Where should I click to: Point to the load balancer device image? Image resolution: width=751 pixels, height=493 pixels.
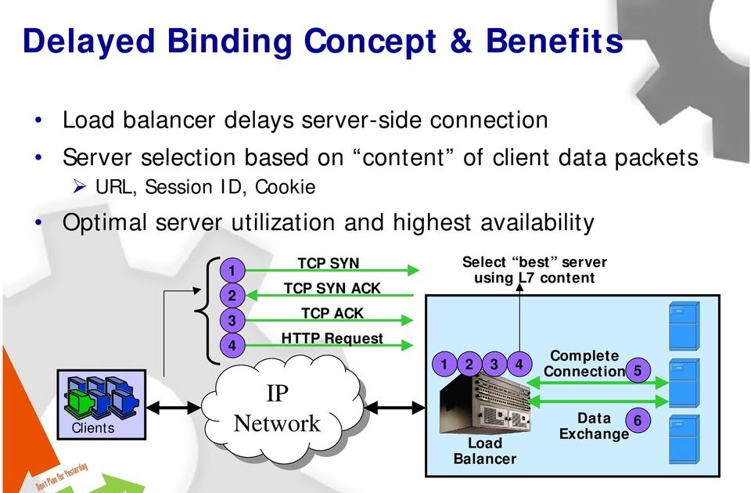(484, 404)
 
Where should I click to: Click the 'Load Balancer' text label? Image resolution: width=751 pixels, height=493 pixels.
(485, 451)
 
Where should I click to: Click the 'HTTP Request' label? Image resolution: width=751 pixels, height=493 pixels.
(332, 338)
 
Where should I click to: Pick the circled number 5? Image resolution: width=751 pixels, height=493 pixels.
(638, 371)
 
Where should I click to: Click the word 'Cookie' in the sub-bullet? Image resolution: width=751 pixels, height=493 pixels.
(286, 187)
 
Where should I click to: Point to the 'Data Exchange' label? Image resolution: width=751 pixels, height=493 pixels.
(594, 426)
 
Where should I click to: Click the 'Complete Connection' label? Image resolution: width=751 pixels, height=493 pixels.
(584, 364)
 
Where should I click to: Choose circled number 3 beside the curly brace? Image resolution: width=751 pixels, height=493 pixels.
(232, 320)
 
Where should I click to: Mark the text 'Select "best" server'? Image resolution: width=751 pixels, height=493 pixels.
(534, 262)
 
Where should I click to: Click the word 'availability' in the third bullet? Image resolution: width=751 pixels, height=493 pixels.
(537, 223)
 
